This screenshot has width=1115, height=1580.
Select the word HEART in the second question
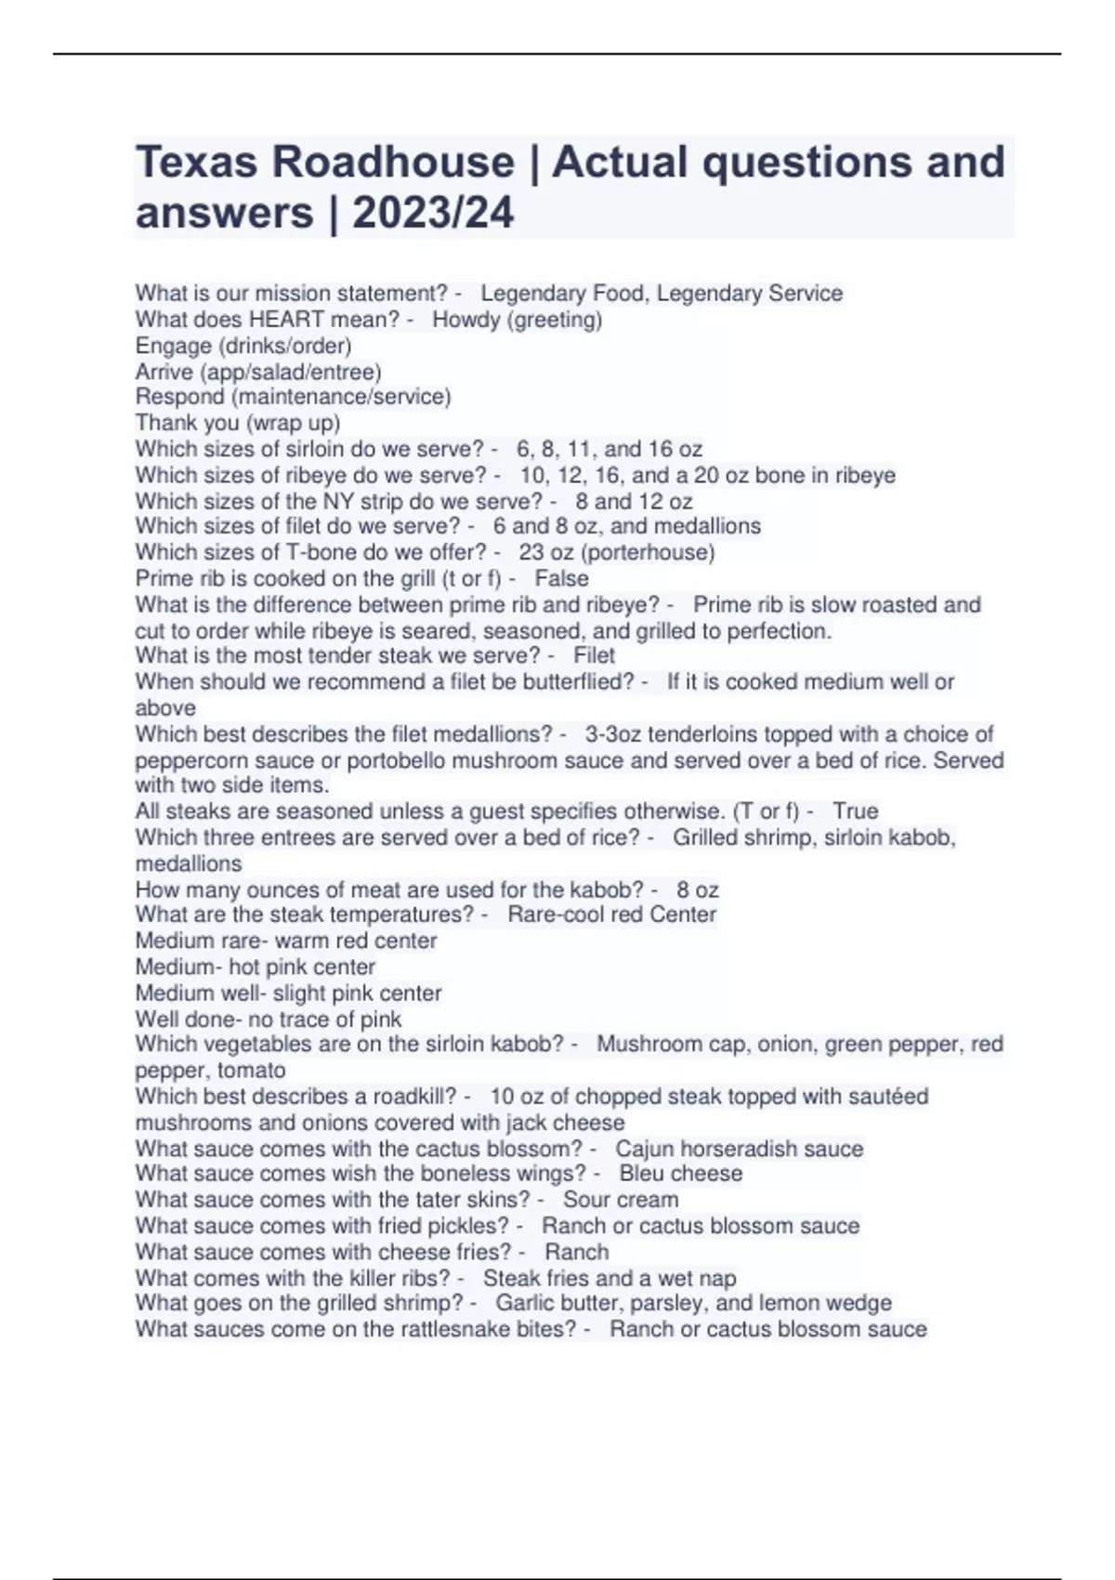[x=282, y=320]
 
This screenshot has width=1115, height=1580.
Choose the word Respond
[x=179, y=397]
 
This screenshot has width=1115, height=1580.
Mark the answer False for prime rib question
[x=562, y=578]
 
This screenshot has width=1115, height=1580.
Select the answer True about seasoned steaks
[x=856, y=810]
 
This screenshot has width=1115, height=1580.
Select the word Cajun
[x=645, y=1149]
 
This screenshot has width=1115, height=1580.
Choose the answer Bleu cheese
[x=681, y=1174]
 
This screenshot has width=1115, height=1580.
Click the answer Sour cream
[x=621, y=1200]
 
